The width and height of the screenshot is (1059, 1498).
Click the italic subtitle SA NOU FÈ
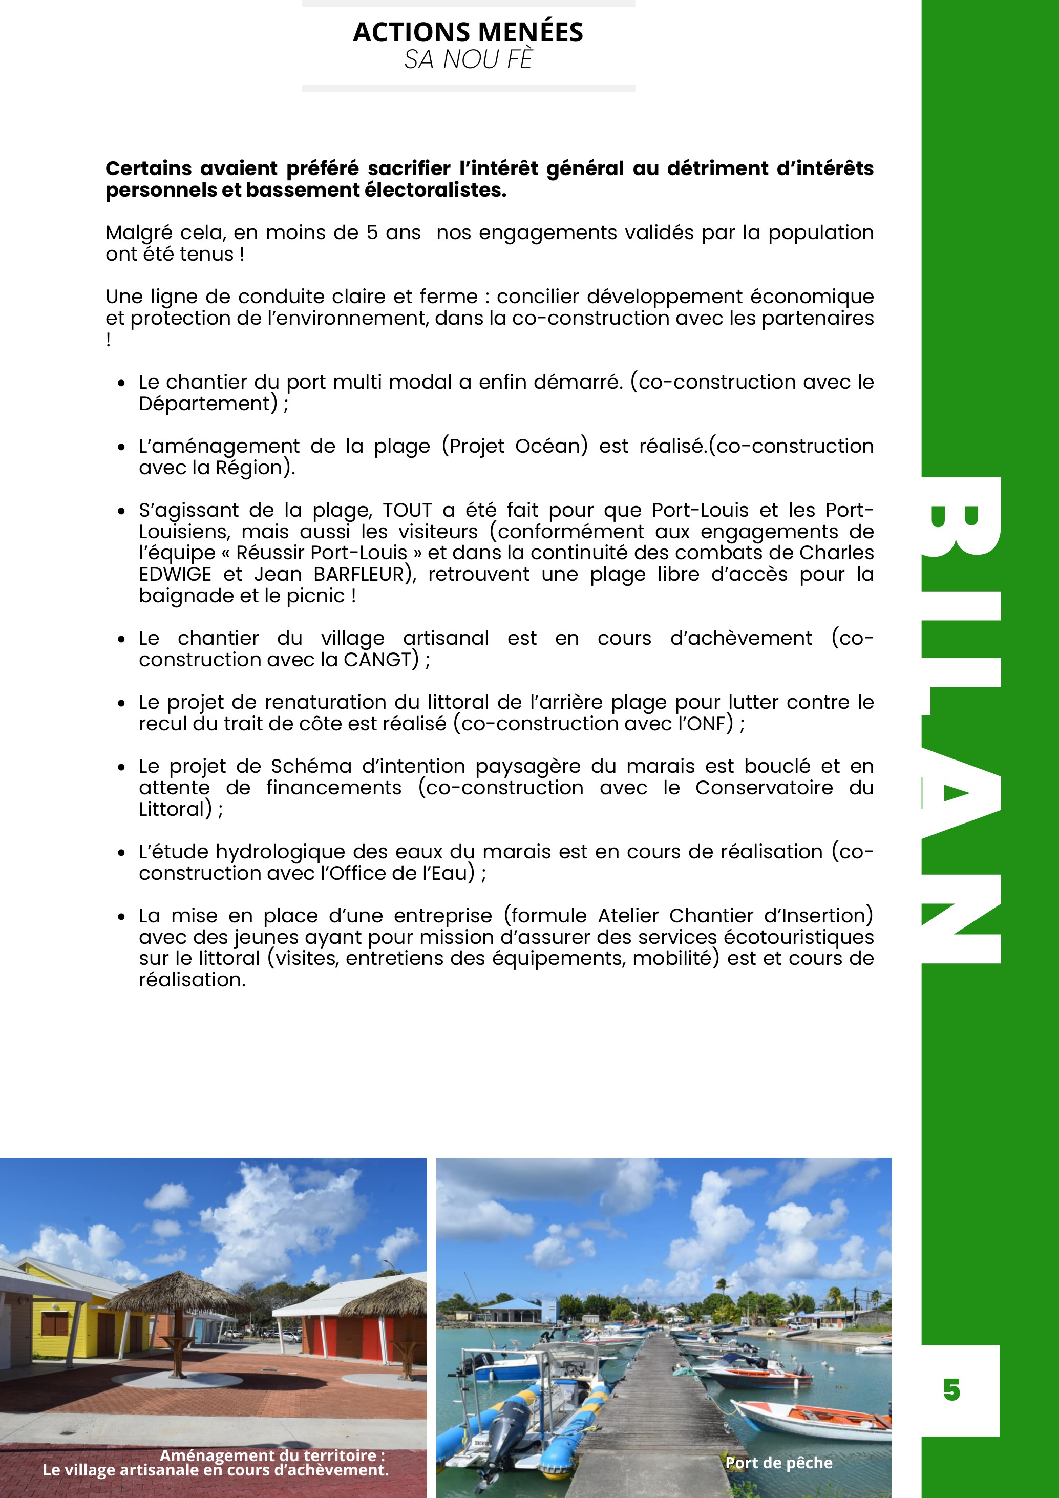coord(468,60)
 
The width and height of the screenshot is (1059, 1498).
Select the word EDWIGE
coord(175,574)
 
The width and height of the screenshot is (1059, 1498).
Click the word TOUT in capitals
coord(407,510)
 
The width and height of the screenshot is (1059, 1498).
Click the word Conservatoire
coord(764,788)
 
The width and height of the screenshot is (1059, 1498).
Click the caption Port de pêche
coord(778,1463)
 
